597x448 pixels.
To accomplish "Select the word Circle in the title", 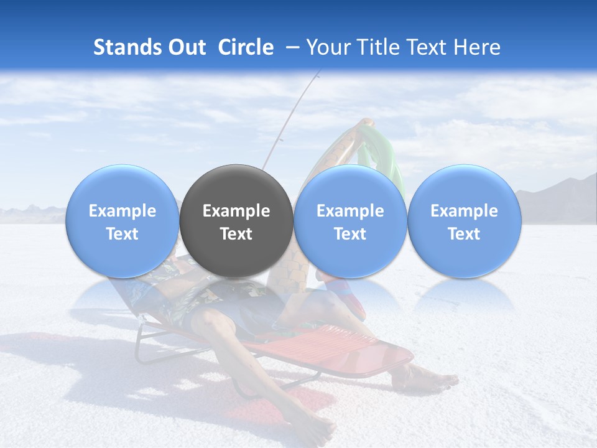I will click(x=246, y=47).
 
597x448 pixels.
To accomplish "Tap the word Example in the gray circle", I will click(x=236, y=211).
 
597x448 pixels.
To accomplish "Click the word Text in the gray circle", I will click(x=236, y=234).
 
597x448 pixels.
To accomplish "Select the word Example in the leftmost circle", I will click(x=123, y=211).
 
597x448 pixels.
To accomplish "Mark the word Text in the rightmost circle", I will click(x=465, y=234).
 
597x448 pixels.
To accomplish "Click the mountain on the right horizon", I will click(x=560, y=196).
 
